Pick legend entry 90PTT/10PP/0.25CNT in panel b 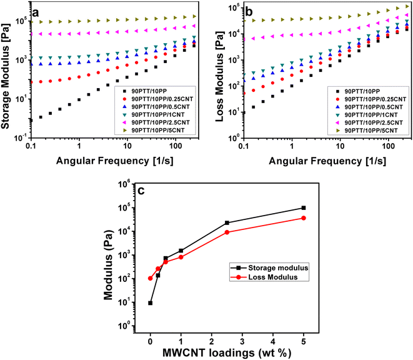point(368,98)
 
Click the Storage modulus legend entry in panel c point(264,268)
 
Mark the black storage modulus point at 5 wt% point(304,207)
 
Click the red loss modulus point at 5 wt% point(304,218)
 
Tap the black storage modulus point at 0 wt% point(151,302)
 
